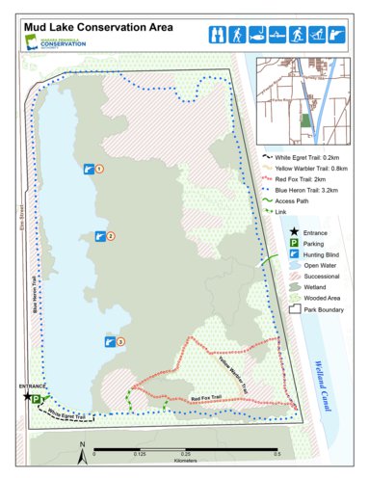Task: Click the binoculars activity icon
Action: tap(217, 35)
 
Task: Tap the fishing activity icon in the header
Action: tap(257, 35)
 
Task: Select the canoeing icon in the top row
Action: tap(278, 35)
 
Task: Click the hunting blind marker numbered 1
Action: tap(88, 169)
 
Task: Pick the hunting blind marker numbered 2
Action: tap(99, 235)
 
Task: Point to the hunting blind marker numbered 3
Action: tap(109, 340)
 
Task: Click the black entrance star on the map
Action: tap(27, 396)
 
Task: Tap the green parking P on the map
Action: tap(37, 398)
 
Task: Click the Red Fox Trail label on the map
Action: tap(207, 397)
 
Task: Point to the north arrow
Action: tap(83, 446)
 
